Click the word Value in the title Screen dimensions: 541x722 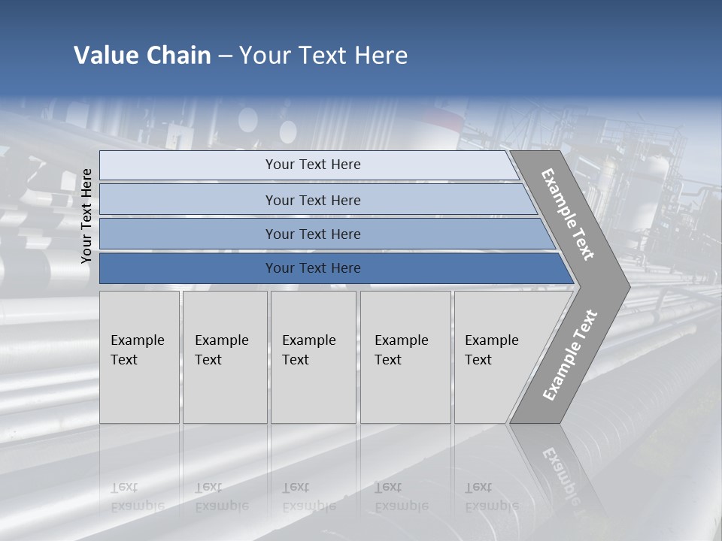pyautogui.click(x=105, y=56)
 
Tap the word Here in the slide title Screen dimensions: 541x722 pyautogui.click(x=378, y=56)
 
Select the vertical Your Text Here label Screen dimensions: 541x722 pyautogui.click(x=86, y=216)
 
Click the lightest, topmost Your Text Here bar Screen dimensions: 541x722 pyautogui.click(x=312, y=165)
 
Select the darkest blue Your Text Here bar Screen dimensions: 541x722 pyautogui.click(x=312, y=268)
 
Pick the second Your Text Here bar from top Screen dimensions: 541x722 pyautogui.click(x=312, y=200)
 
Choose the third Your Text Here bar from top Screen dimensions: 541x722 pyautogui.click(x=312, y=234)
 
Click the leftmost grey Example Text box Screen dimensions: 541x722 pyautogui.click(x=139, y=357)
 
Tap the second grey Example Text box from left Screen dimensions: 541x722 pyautogui.click(x=224, y=357)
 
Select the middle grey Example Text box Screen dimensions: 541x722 pyautogui.click(x=313, y=357)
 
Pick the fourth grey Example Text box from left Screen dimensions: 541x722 pyautogui.click(x=405, y=357)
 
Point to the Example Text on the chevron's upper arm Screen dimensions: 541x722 pyautogui.click(x=568, y=214)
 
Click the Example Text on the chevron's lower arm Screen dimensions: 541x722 pyautogui.click(x=569, y=355)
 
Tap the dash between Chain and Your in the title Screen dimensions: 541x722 pyautogui.click(x=225, y=56)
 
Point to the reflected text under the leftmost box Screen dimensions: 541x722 pyautogui.click(x=138, y=497)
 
